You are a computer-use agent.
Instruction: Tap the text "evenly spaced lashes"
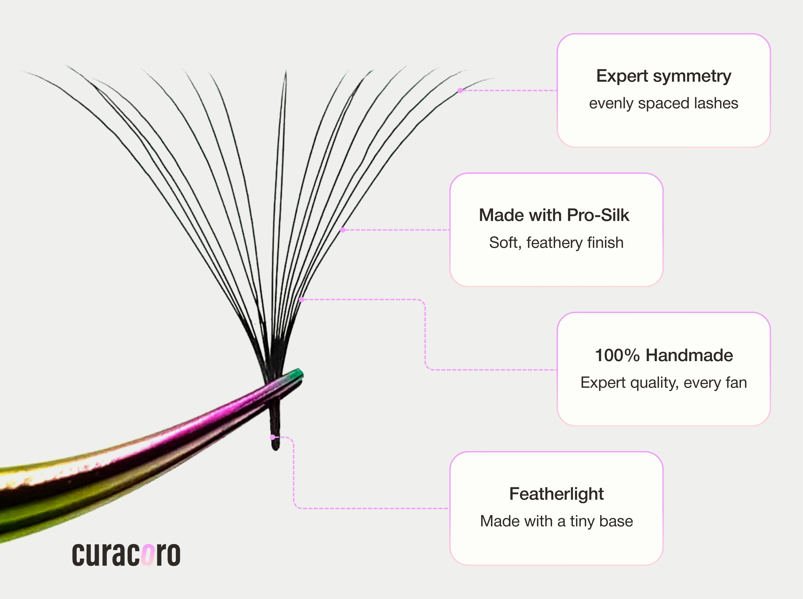pyautogui.click(x=663, y=103)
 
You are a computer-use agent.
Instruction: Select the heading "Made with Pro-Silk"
pyautogui.click(x=554, y=215)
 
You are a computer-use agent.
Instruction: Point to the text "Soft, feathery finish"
pyautogui.click(x=556, y=242)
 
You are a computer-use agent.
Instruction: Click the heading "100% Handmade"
pyautogui.click(x=664, y=355)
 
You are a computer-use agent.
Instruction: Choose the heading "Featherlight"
pyautogui.click(x=556, y=494)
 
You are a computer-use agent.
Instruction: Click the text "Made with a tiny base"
pyautogui.click(x=556, y=521)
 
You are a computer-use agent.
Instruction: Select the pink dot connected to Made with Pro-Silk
pyautogui.click(x=342, y=230)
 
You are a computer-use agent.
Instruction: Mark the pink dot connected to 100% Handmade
pyautogui.click(x=301, y=299)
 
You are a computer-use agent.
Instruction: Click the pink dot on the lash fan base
pyautogui.click(x=272, y=437)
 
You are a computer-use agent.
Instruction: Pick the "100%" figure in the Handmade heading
pyautogui.click(x=617, y=355)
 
